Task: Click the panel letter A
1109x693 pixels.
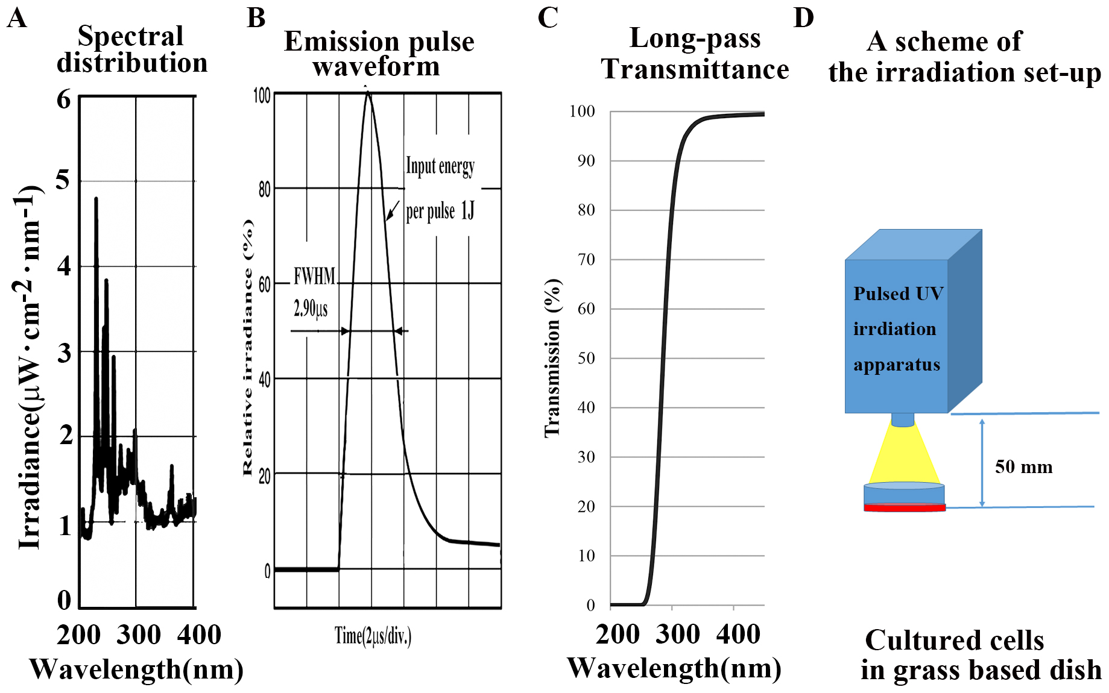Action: (17, 17)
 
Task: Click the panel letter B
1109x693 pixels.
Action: (256, 17)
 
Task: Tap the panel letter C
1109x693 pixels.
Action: (548, 17)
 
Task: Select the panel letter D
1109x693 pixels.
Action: (803, 17)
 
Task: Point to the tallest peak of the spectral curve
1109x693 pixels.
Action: (96, 199)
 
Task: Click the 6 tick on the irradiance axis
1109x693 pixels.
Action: (64, 99)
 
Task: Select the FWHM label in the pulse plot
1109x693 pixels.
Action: (314, 276)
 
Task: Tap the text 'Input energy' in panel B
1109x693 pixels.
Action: (440, 166)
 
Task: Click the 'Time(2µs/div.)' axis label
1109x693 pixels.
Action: (373, 636)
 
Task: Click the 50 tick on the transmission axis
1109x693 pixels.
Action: (586, 358)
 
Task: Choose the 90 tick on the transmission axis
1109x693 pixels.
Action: (586, 161)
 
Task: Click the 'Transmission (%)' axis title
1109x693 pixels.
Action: (552, 358)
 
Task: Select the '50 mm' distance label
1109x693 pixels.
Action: (1023, 466)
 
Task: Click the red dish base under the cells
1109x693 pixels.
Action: (904, 508)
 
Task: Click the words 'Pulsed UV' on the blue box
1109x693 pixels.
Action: (898, 293)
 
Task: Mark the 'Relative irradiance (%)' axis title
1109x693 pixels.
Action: (248, 347)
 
